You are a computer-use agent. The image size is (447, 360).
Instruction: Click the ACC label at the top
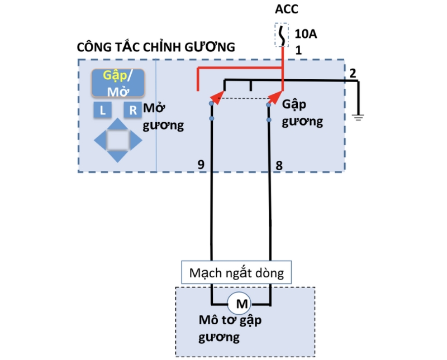pyautogui.click(x=287, y=10)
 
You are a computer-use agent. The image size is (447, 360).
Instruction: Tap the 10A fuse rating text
pyautogui.click(x=306, y=35)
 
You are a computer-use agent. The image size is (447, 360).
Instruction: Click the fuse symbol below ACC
pyautogui.click(x=282, y=36)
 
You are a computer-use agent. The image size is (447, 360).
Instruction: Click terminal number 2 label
pyautogui.click(x=352, y=73)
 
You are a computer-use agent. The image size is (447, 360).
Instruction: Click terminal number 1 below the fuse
pyautogui.click(x=298, y=51)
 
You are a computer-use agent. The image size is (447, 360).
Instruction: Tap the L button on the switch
pyautogui.click(x=103, y=111)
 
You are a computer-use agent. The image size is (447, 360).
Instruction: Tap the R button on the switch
pyautogui.click(x=133, y=111)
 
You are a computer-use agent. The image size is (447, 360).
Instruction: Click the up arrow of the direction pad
pyautogui.click(x=117, y=126)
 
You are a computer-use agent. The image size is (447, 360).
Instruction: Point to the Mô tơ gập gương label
pyautogui.click(x=230, y=329)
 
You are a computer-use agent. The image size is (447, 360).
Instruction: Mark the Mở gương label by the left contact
pyautogui.click(x=163, y=116)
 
